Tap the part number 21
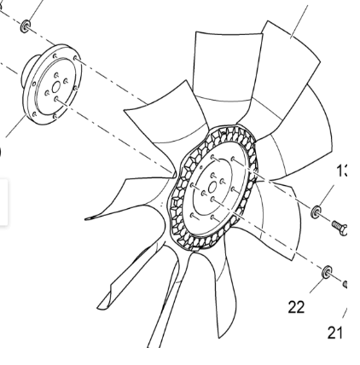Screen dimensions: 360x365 [335, 332]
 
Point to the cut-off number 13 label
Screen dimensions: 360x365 [343, 171]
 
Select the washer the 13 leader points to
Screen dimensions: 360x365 [317, 210]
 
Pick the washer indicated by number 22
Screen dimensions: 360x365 [327, 273]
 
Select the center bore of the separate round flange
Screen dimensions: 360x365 [57, 86]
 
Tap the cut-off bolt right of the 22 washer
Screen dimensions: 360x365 [345, 286]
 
